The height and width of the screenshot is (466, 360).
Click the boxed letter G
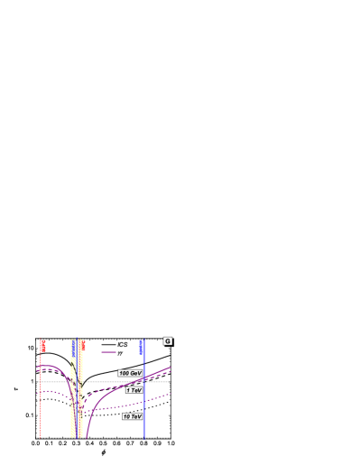click(167, 341)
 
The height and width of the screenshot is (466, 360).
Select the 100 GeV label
click(130, 373)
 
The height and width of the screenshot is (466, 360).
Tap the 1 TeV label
click(134, 390)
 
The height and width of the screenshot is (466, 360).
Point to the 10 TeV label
click(132, 416)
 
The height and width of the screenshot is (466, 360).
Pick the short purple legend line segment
click(108, 352)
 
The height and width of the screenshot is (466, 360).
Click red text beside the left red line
click(43, 346)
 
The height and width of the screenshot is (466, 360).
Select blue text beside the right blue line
click(141, 347)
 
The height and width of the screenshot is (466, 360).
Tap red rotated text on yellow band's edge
click(83, 345)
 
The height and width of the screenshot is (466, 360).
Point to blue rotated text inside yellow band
click(74, 347)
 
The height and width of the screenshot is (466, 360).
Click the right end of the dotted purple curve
click(171, 394)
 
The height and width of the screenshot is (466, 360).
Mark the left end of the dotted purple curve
click(38, 392)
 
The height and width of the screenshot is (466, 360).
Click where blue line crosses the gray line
click(144, 382)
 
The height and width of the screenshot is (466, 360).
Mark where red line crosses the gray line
click(41, 382)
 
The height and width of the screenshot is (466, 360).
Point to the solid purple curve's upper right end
click(171, 368)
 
